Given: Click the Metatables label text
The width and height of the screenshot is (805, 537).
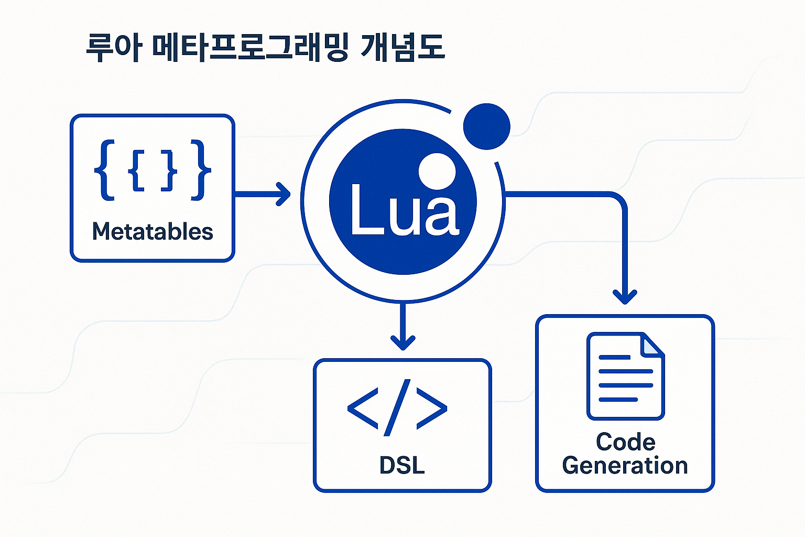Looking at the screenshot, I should (x=153, y=231).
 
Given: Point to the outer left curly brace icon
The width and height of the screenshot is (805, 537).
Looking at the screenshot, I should (x=104, y=170).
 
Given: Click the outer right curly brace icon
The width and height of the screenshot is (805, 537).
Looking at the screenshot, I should (x=201, y=170).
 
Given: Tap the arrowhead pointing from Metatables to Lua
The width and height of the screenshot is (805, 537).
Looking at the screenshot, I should (x=284, y=194).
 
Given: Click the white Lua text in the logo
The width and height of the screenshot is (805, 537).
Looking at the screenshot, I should (x=404, y=210).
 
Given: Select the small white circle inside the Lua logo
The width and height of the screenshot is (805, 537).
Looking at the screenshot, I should (x=437, y=171).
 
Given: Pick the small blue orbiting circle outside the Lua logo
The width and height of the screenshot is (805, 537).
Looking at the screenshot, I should (x=486, y=126).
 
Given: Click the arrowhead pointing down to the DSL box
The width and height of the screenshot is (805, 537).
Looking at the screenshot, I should (x=402, y=342).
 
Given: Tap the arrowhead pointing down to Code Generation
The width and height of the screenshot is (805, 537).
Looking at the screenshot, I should (x=624, y=297).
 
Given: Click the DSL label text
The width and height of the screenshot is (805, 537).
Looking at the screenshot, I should (x=402, y=465).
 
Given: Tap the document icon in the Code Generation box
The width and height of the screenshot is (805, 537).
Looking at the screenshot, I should (x=625, y=376).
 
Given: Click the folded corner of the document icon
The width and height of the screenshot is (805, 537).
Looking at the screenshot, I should (x=653, y=345).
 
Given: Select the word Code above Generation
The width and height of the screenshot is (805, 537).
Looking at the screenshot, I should (x=625, y=442).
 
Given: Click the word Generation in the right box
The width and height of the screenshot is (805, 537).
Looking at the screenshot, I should (x=625, y=466).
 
